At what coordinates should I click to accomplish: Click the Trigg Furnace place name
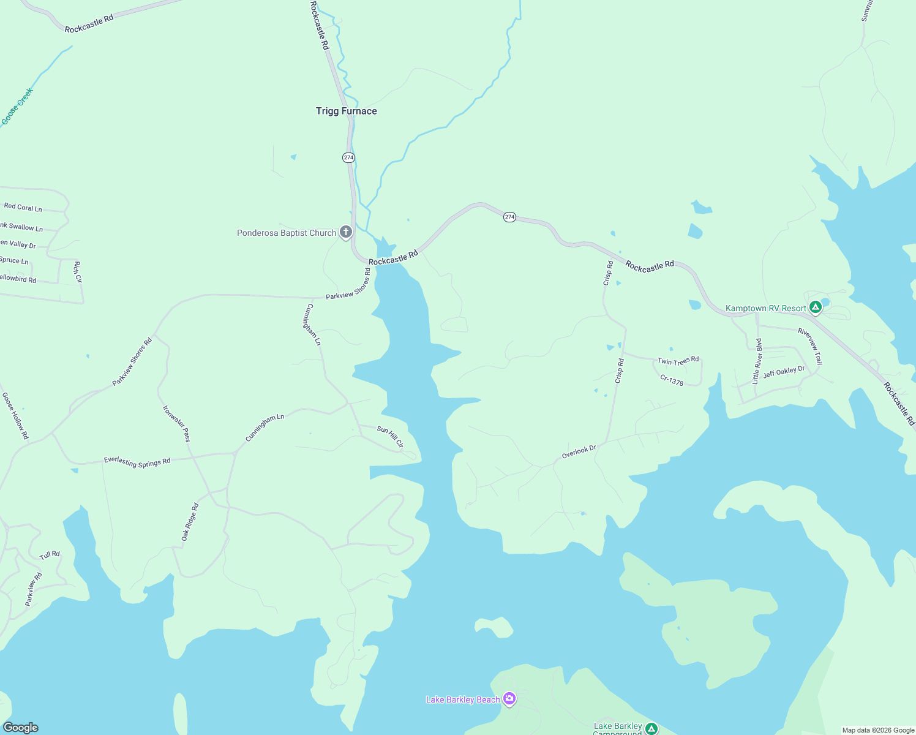click(x=346, y=111)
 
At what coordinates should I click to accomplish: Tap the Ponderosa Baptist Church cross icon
click(x=346, y=232)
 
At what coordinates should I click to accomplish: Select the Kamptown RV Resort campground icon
click(x=815, y=307)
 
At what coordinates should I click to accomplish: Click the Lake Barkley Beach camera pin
click(x=509, y=698)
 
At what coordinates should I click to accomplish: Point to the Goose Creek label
click(x=17, y=107)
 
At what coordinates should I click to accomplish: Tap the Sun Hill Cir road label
click(x=390, y=436)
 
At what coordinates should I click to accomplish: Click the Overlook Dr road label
click(x=579, y=452)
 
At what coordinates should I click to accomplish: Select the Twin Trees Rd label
click(x=678, y=361)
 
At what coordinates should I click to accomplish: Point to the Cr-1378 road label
click(x=672, y=380)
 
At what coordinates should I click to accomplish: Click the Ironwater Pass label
click(x=177, y=423)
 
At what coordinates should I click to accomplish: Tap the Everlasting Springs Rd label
click(x=137, y=461)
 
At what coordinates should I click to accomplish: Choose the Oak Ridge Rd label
click(x=190, y=522)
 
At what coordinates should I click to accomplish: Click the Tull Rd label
click(x=50, y=555)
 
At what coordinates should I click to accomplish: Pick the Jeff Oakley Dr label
click(x=784, y=372)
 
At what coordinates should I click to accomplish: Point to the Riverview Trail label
click(x=810, y=347)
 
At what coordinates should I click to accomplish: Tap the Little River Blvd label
click(x=757, y=361)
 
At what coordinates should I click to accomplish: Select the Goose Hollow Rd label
click(x=15, y=416)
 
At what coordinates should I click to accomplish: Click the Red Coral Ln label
click(x=23, y=207)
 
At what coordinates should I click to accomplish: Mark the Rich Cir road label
click(x=78, y=272)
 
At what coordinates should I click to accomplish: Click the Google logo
click(x=21, y=727)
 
